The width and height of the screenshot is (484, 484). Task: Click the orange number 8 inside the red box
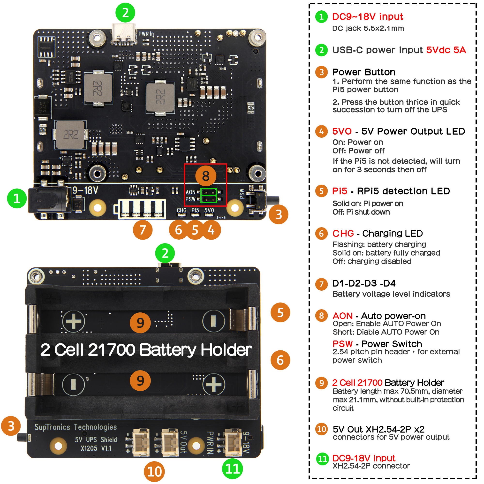pyautogui.click(x=206, y=176)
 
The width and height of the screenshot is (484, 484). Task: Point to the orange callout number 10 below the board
pyautogui.click(x=154, y=472)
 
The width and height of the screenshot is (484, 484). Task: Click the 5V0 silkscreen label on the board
pyautogui.click(x=209, y=211)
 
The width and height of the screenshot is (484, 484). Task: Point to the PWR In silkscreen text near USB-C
pyautogui.click(x=146, y=34)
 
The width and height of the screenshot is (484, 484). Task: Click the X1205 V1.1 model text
pyautogui.click(x=96, y=448)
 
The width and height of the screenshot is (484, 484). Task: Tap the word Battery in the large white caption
pyautogui.click(x=168, y=350)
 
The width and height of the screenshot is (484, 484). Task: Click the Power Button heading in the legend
pyautogui.click(x=364, y=72)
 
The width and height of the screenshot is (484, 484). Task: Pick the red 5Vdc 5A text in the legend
pyautogui.click(x=446, y=50)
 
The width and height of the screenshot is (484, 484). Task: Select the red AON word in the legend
pyautogui.click(x=342, y=316)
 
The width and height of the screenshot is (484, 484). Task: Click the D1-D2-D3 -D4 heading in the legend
pyautogui.click(x=364, y=284)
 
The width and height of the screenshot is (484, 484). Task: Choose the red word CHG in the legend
pyautogui.click(x=343, y=234)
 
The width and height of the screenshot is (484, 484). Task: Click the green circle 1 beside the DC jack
pyautogui.click(x=17, y=199)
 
